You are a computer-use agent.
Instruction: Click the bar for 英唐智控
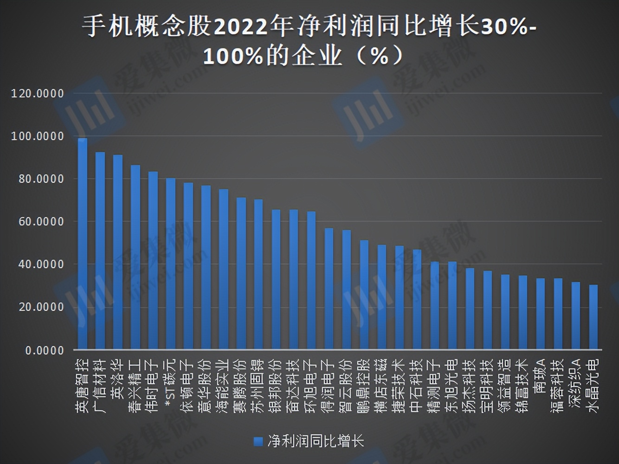click(x=83, y=244)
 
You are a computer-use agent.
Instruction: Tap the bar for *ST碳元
click(x=171, y=264)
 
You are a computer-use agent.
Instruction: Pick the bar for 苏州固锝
click(x=258, y=274)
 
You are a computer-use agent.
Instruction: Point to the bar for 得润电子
click(x=329, y=289)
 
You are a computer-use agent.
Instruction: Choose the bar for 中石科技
click(x=417, y=299)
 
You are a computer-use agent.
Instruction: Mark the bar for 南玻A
click(x=541, y=314)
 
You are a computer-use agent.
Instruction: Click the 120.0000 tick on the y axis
click(x=38, y=94)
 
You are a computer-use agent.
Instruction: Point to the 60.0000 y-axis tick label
click(x=41, y=222)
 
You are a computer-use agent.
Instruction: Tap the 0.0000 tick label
click(x=45, y=350)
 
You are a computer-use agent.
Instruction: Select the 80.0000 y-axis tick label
click(x=41, y=179)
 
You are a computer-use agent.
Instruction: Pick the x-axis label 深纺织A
click(x=576, y=383)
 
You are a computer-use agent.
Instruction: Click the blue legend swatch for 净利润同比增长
click(x=258, y=441)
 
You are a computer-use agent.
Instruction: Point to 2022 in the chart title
click(x=240, y=27)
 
